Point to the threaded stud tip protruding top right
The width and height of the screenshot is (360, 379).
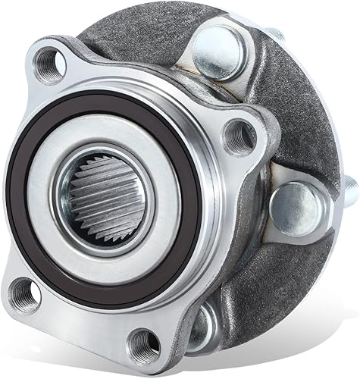(276, 33)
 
